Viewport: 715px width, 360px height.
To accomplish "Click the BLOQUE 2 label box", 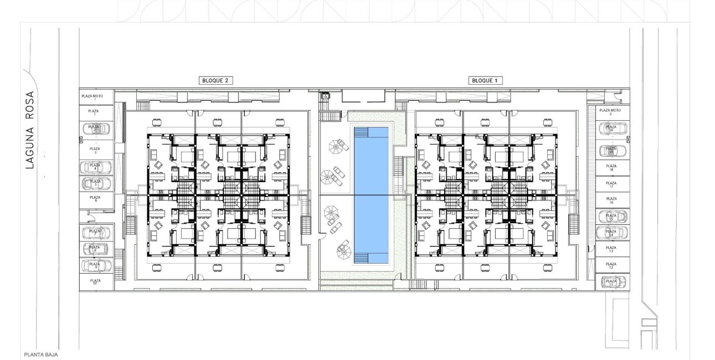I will coord(215,80).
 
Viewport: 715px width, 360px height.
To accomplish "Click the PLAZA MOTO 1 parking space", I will coord(95,97).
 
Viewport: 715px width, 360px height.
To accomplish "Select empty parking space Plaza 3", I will coord(95,150).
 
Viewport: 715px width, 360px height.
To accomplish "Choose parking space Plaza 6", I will coord(95,199).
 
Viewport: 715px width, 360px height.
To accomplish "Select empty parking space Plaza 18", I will coord(611,167).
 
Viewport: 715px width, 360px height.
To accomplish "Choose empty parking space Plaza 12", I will coord(611,266).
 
